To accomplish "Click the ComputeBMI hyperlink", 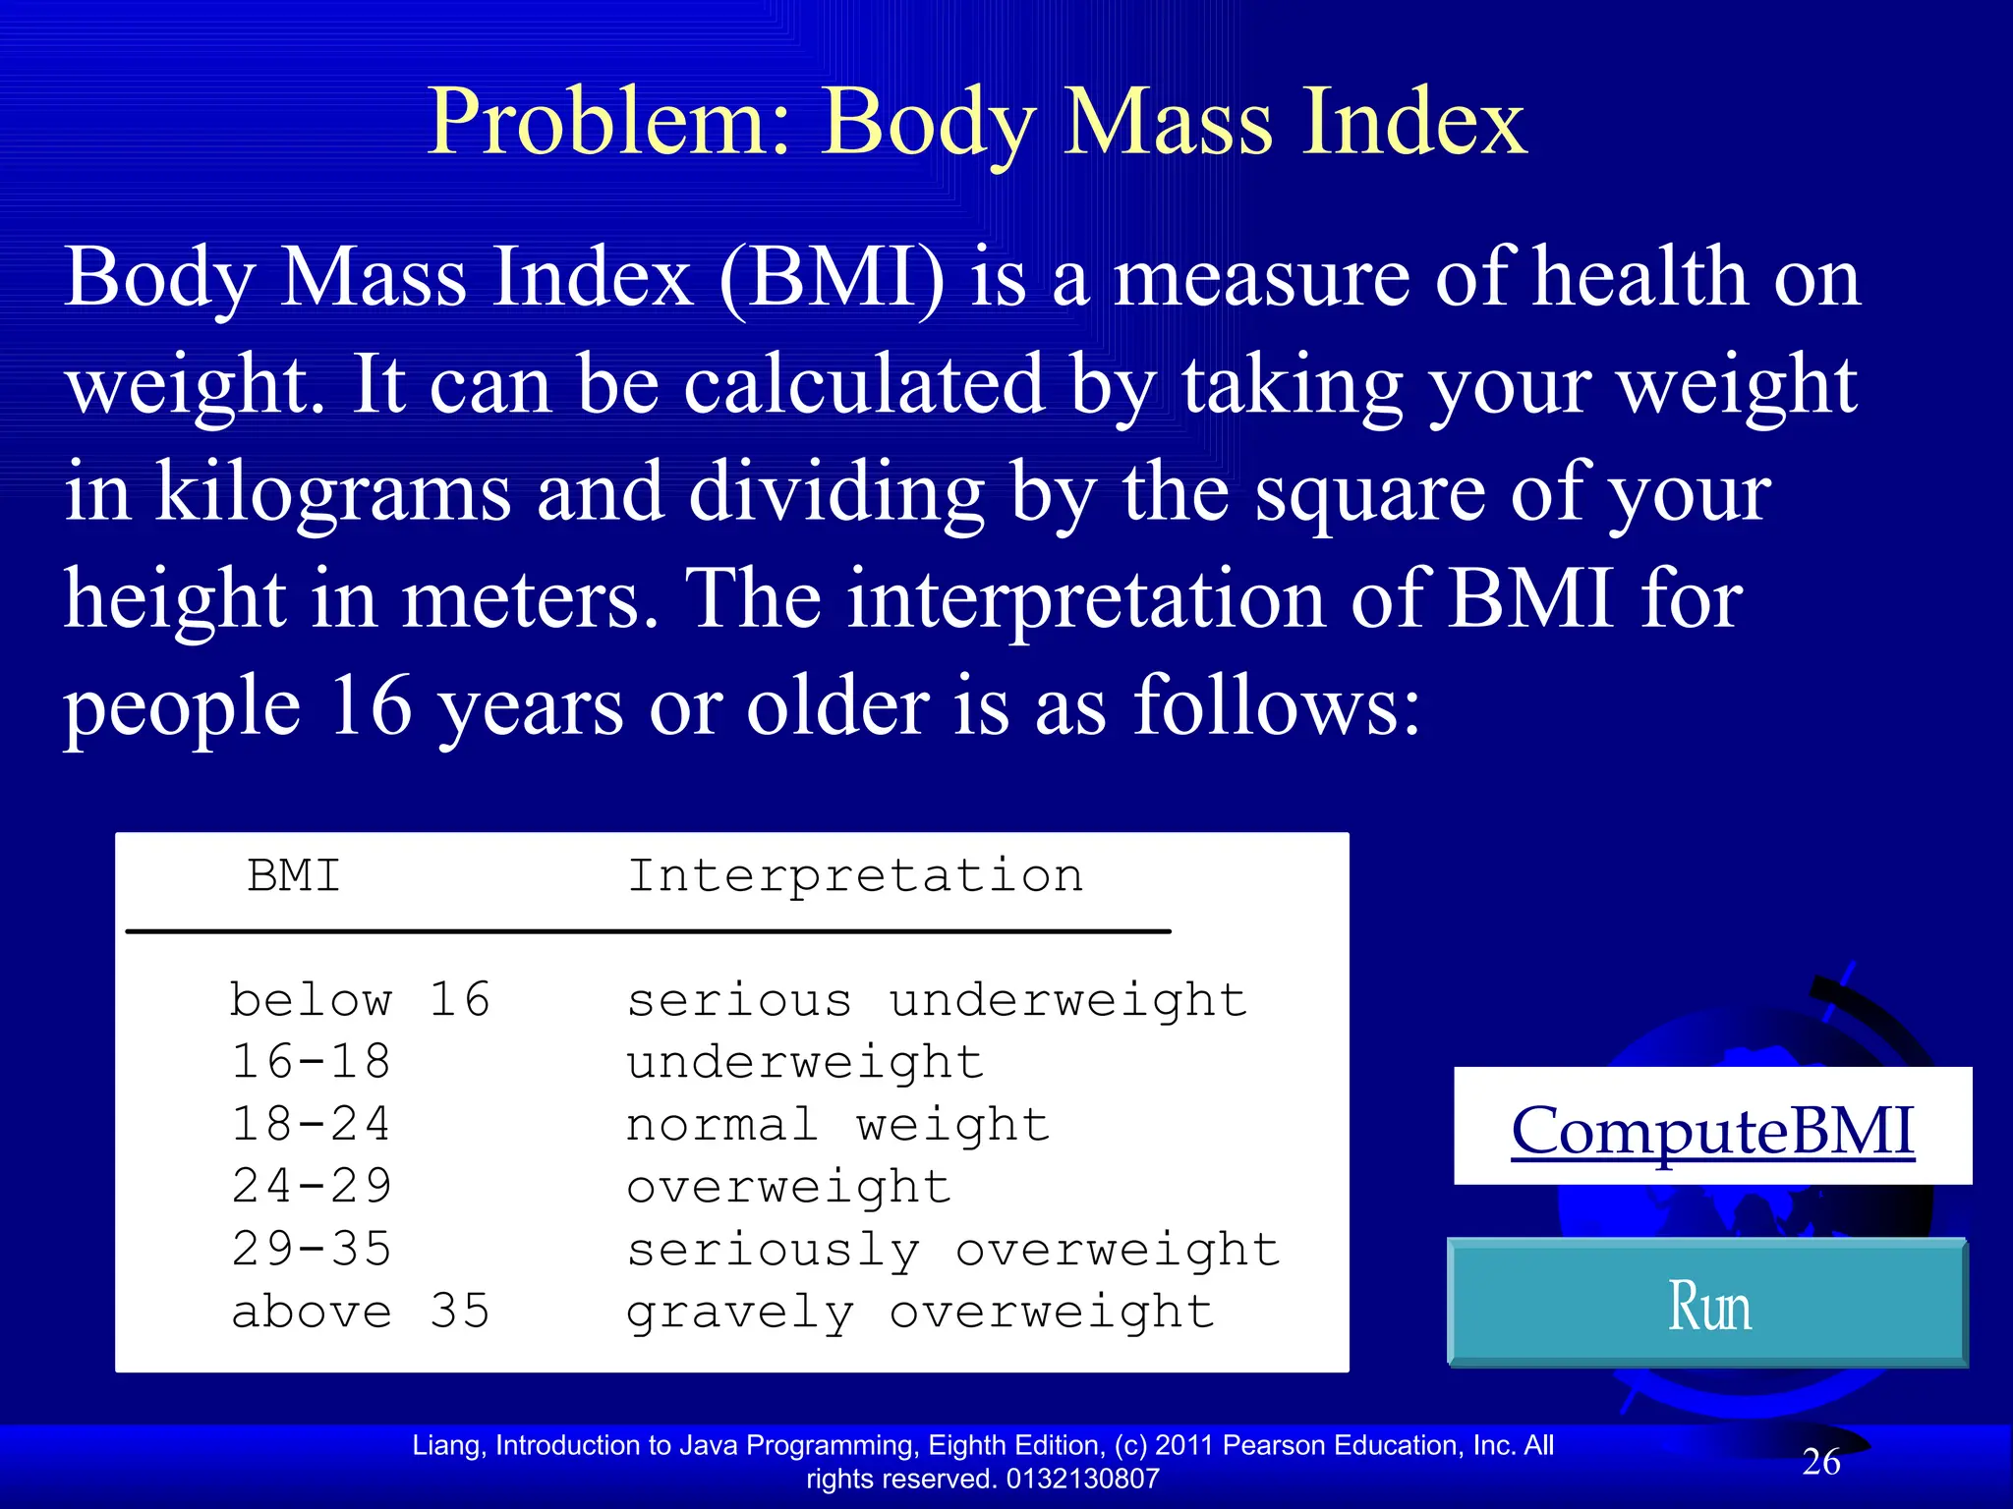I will pos(1711,1131).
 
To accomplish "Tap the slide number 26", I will pos(1820,1462).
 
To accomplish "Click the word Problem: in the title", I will pos(609,122).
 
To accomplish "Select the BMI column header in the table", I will pos(294,875).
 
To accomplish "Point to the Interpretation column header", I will pos(855,875).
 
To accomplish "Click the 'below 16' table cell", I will pos(360,1000).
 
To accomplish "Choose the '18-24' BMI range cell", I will pos(312,1124).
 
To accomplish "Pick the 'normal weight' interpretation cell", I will pos(837,1124).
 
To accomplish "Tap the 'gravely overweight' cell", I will pos(920,1312).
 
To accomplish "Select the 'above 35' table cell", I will pos(360,1312).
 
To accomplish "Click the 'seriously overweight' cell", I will pos(953,1250).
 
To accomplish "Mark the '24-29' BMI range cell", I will pos(312,1187).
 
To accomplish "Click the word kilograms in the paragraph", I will pos(333,493).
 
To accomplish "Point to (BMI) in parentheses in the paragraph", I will pos(832,278).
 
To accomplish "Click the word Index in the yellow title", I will pos(1414,122).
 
